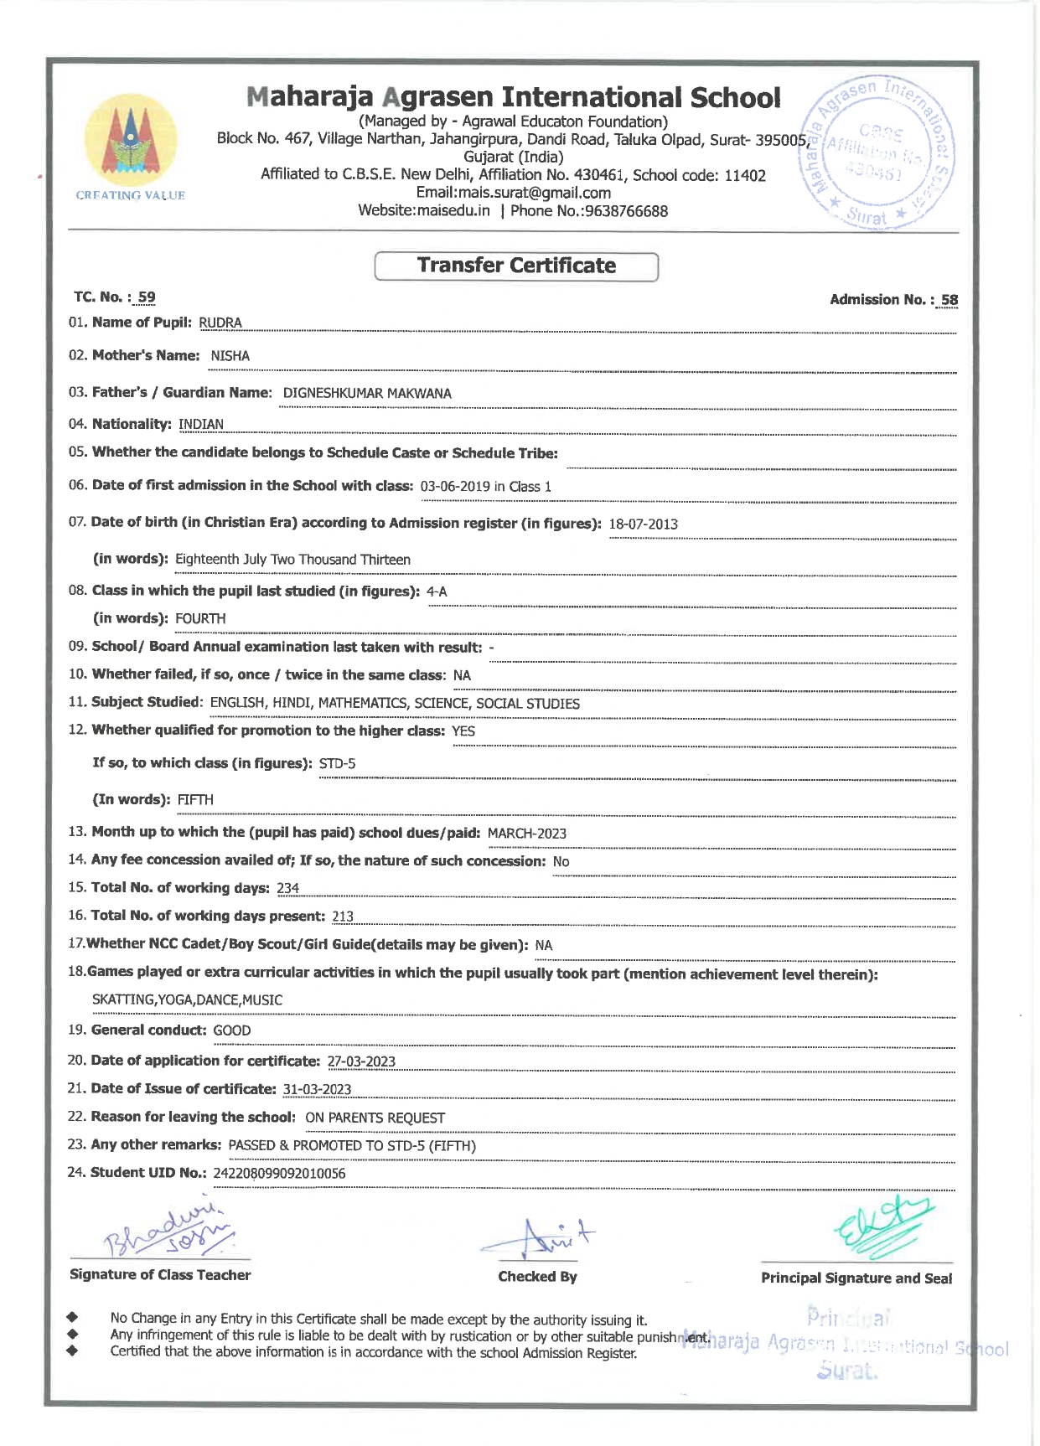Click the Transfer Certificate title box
pos(516,266)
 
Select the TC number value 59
pos(147,297)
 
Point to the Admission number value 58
pos(949,300)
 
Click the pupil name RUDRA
pos(220,323)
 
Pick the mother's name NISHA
pos(230,356)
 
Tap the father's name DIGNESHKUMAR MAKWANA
pos(367,394)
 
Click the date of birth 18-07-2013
pos(643,524)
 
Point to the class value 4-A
pos(437,592)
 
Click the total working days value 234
pos(287,889)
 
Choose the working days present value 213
pos(343,917)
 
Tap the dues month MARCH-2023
pos(526,834)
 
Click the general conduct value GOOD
pos(232,1031)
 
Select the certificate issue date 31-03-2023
pos(317,1090)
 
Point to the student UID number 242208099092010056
pos(279,1174)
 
